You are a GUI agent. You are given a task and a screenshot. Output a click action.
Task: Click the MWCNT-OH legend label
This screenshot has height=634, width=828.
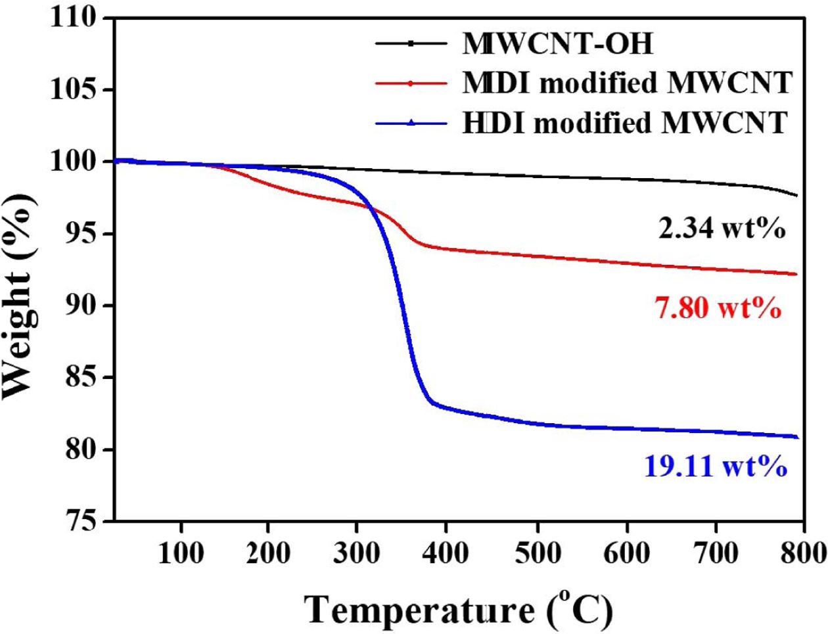coord(558,45)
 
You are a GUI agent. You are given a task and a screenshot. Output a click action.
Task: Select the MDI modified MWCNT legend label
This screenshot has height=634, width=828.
coord(626,83)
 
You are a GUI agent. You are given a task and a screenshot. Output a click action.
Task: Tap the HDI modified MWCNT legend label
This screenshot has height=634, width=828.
coord(624,123)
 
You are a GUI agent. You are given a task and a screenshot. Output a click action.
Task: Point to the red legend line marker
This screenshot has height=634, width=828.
coord(411,83)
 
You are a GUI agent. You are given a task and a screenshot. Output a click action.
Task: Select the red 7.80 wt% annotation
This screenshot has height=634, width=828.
coord(718,308)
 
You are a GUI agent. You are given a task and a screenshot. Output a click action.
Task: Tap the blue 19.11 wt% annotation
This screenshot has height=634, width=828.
coord(716,467)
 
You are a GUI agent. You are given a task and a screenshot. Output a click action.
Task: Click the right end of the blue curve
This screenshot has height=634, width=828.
coord(796,437)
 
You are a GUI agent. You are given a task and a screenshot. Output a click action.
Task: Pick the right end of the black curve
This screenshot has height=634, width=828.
coord(796,195)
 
